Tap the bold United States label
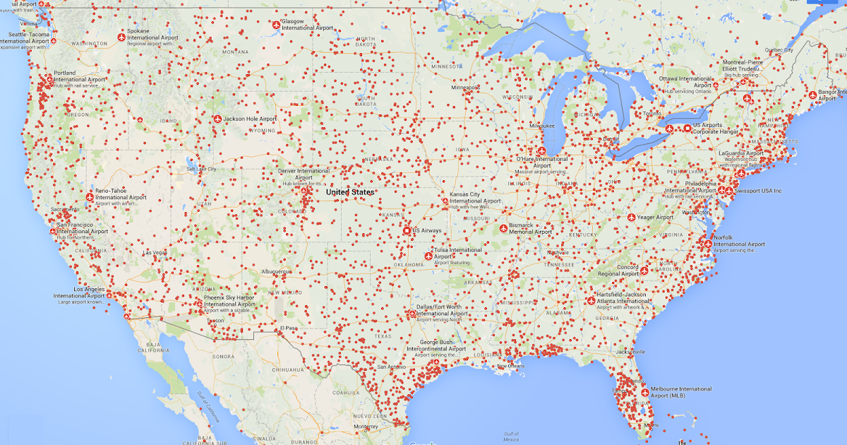pyautogui.click(x=351, y=192)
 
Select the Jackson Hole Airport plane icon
pyautogui.click(x=217, y=119)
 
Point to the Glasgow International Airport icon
pyautogui.click(x=276, y=25)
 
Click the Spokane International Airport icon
pyautogui.click(x=121, y=35)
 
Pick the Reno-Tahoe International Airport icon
pyautogui.click(x=90, y=197)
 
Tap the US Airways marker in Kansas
pyautogui.click(x=407, y=230)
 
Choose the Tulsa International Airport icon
pyautogui.click(x=428, y=257)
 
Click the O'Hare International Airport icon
pyautogui.click(x=542, y=150)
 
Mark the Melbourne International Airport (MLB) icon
pyautogui.click(x=644, y=391)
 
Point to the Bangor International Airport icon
pyautogui.click(x=812, y=94)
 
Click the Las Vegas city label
pyautogui.click(x=155, y=252)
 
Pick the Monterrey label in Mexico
pyautogui.click(x=366, y=427)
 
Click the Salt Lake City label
pyautogui.click(x=201, y=170)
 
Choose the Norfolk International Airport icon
pyautogui.click(x=708, y=244)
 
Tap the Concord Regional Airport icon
pyautogui.click(x=644, y=270)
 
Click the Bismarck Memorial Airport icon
pyautogui.click(x=503, y=227)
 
